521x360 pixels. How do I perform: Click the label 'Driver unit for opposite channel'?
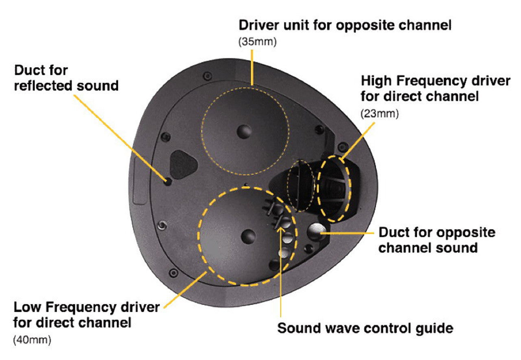pyautogui.click(x=345, y=26)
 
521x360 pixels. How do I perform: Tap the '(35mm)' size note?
pyautogui.click(x=257, y=42)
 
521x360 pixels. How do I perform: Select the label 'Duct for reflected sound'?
pyautogui.click(x=66, y=78)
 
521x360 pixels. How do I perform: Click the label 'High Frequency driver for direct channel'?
pyautogui.click(x=435, y=89)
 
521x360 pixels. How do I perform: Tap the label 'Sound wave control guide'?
pyautogui.click(x=365, y=328)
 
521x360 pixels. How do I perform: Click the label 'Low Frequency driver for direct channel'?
pyautogui.click(x=86, y=314)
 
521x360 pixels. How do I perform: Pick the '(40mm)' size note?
pyautogui.click(x=32, y=340)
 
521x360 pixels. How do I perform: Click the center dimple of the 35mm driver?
pyautogui.click(x=245, y=131)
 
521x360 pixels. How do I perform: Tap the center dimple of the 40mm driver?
pyautogui.click(x=248, y=236)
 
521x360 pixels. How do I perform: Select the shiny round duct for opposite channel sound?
pyautogui.click(x=316, y=232)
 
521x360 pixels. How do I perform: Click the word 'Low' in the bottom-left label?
pyautogui.click(x=28, y=307)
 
